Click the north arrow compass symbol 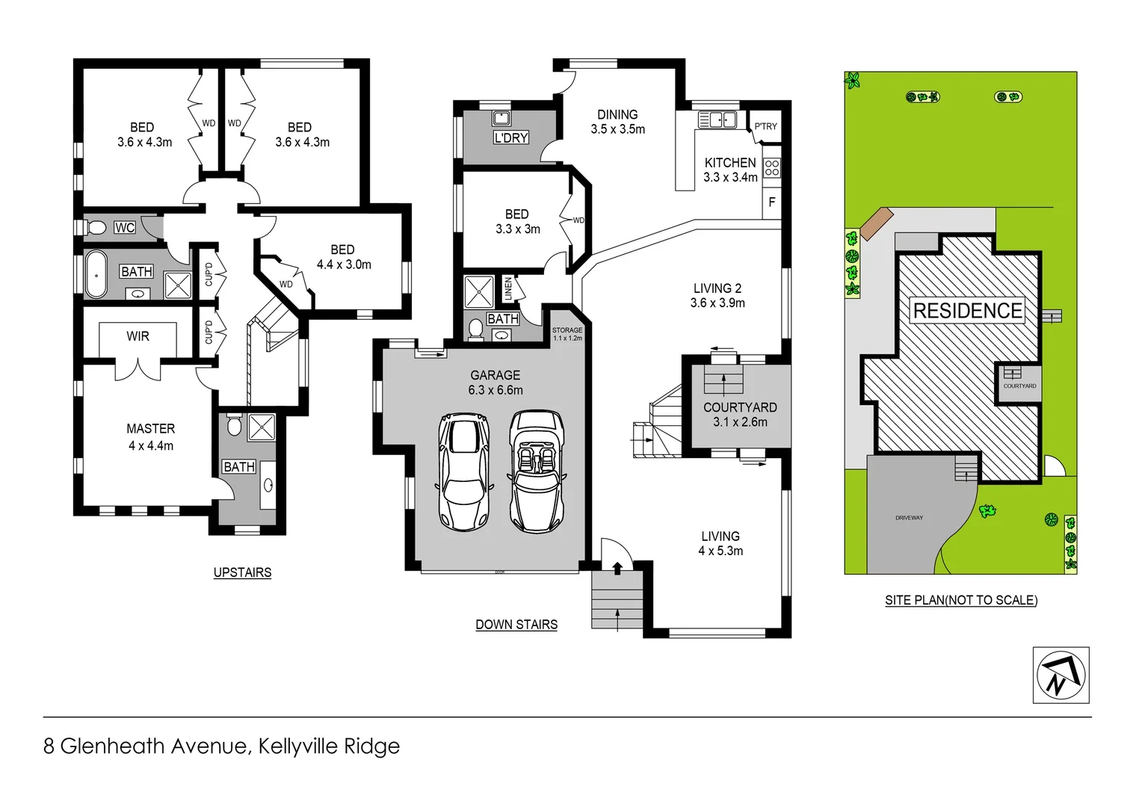point(1061,675)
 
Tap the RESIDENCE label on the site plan point(967,311)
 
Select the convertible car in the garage point(536,471)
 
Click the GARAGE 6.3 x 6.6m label point(496,383)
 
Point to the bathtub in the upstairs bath point(96,275)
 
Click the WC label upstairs point(125,228)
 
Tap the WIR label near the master point(138,336)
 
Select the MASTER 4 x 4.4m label point(150,437)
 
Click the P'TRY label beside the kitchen point(765,126)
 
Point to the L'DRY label point(511,137)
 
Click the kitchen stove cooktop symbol point(772,167)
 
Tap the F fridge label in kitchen point(772,202)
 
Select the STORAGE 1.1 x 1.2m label point(567,334)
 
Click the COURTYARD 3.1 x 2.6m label point(740,415)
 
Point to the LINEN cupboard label point(508,288)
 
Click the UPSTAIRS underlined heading point(242,572)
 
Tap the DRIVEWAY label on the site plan point(909,518)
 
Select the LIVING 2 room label point(717,295)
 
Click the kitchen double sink point(717,120)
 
